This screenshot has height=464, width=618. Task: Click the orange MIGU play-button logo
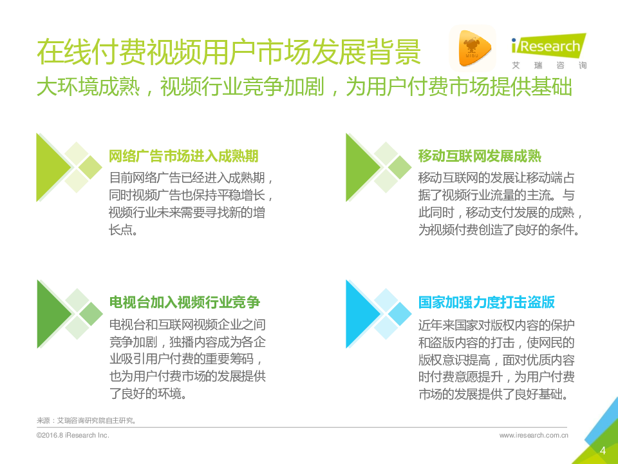[x=472, y=48]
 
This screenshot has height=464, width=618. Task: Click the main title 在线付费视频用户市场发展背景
[x=229, y=52]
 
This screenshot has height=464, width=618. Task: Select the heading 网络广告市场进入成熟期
[x=183, y=156]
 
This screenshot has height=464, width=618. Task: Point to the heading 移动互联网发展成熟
[x=480, y=156]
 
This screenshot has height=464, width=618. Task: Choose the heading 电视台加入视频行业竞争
[x=185, y=302]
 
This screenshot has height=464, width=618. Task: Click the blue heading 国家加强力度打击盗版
[x=487, y=302]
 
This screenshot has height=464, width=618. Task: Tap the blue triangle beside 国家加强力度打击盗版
[x=360, y=314]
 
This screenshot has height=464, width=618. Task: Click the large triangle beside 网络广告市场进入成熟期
[x=51, y=168]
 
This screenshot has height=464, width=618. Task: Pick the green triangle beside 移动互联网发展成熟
[x=360, y=168]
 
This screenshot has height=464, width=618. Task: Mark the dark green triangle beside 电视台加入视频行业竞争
[x=51, y=314]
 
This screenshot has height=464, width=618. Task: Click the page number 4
[x=603, y=450]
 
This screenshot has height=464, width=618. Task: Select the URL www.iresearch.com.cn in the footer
[x=534, y=435]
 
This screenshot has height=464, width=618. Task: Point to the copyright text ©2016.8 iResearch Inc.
[x=73, y=435]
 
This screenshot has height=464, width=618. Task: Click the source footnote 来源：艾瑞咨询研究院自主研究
[x=86, y=421]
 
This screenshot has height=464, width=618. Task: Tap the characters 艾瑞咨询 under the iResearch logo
[x=549, y=66]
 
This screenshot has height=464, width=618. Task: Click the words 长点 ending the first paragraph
[x=123, y=229]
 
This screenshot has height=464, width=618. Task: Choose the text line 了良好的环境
[x=148, y=393]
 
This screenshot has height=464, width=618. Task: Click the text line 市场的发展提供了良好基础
[x=493, y=394]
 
